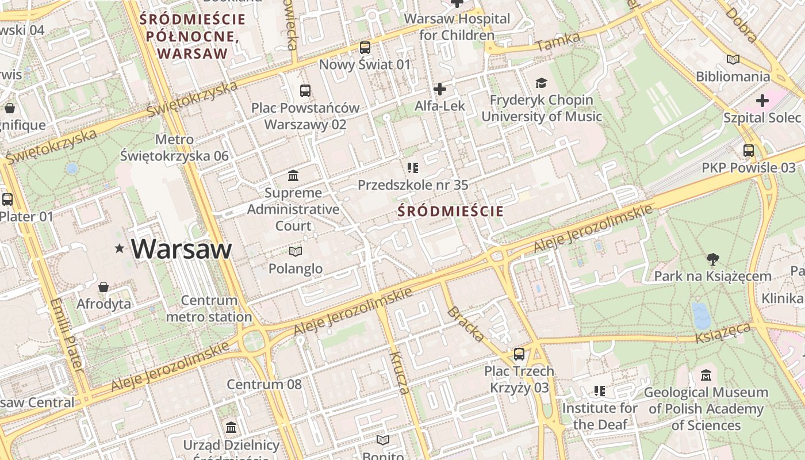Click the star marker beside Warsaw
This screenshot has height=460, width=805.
pos(120,248)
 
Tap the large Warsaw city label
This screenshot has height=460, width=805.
pos(182,248)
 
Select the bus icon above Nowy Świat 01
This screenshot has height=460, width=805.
pos(365,47)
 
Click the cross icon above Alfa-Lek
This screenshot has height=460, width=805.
pos(440,89)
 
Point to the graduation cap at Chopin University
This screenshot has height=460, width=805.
pos(541,83)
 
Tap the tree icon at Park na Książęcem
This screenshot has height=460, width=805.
pos(713,259)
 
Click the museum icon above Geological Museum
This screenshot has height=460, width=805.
pos(706,375)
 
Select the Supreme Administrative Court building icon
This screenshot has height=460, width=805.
pos(293,175)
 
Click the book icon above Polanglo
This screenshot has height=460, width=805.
pos(296,251)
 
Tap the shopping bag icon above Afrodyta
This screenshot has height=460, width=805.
pos(103,286)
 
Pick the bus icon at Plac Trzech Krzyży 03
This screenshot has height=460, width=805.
pos(519,354)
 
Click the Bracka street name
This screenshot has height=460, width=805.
pos(465,324)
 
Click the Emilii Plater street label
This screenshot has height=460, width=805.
pos(67,333)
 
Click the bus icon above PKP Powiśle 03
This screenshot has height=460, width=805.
pos(749,151)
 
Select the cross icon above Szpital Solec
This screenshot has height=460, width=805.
pos(762,101)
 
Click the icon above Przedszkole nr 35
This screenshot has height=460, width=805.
pos(412,168)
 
